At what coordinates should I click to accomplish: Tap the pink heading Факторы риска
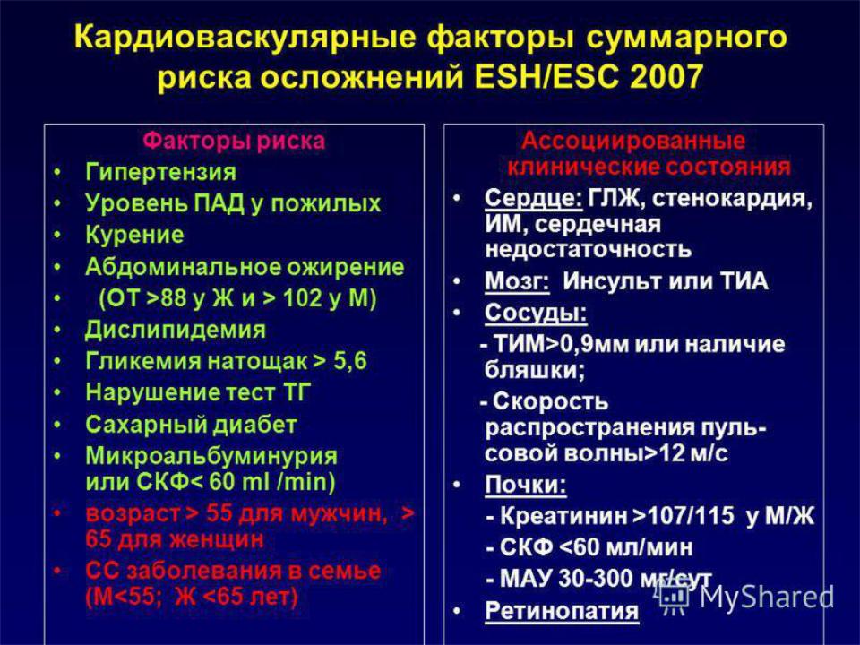(234, 141)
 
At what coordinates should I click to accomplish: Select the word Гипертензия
(160, 172)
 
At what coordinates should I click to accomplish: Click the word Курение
(134, 235)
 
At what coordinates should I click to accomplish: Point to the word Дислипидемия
(175, 330)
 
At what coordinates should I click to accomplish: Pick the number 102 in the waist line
(302, 298)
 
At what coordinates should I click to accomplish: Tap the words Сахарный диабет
(191, 425)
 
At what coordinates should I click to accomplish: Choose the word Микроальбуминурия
(211, 456)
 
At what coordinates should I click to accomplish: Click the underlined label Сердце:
(533, 198)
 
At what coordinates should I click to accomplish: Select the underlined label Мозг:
(517, 281)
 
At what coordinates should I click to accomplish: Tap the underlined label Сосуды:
(536, 313)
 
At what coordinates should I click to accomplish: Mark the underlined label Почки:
(526, 485)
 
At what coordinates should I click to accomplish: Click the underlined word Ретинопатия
(562, 610)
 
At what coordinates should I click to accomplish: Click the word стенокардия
(732, 198)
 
